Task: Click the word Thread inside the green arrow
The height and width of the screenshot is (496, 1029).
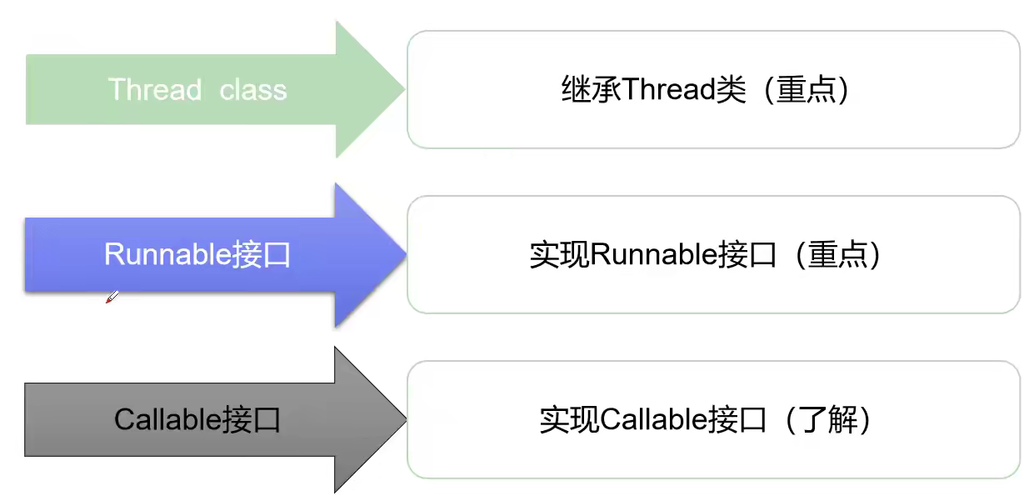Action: click(x=155, y=89)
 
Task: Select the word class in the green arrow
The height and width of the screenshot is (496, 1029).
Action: click(x=253, y=89)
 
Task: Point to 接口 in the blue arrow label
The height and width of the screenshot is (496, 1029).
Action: click(x=262, y=254)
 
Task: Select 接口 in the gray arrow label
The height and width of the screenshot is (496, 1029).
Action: click(x=252, y=419)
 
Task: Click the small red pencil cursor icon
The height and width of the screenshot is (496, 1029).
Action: click(x=112, y=297)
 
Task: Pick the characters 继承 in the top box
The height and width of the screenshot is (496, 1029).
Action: click(x=591, y=89)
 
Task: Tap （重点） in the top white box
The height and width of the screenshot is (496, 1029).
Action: click(x=804, y=89)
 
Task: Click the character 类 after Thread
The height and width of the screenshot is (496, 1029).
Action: click(x=731, y=89)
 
